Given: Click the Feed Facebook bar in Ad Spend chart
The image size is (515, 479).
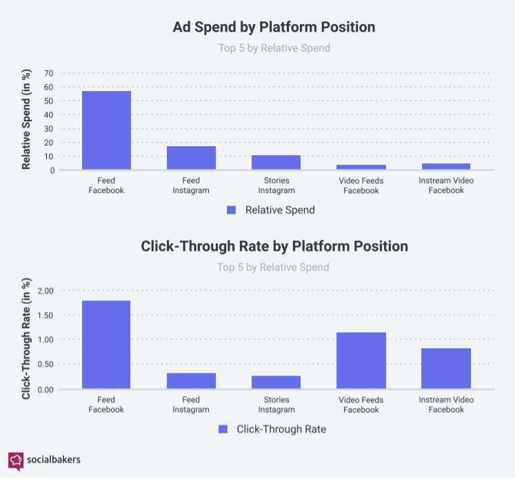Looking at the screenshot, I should point(106,130).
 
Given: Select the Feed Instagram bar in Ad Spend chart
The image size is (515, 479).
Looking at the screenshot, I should point(191,158).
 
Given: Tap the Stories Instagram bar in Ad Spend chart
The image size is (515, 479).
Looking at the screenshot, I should point(276,162).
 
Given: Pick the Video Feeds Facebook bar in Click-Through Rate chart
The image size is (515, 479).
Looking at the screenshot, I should point(361,360).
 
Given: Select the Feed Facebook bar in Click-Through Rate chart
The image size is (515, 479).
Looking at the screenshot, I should point(106,345).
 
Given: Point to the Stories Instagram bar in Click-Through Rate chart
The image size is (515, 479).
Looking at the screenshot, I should point(276,383).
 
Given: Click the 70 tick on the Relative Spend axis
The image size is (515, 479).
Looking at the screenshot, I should point(48,73).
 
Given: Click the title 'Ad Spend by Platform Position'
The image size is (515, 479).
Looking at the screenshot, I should point(274,28).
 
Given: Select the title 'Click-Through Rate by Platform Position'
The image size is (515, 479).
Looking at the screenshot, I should point(274,246).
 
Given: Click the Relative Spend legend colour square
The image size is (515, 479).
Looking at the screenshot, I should point(232,210).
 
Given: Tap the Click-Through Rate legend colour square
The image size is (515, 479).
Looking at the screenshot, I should point(223,429).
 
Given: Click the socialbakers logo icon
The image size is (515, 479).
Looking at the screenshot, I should point(16,459).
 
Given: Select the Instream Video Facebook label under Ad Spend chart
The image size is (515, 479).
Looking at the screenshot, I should point(446,185).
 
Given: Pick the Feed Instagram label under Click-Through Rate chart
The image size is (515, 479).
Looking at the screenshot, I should point(191,405).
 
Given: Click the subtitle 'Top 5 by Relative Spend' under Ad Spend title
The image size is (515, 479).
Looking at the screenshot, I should point(273,48).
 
